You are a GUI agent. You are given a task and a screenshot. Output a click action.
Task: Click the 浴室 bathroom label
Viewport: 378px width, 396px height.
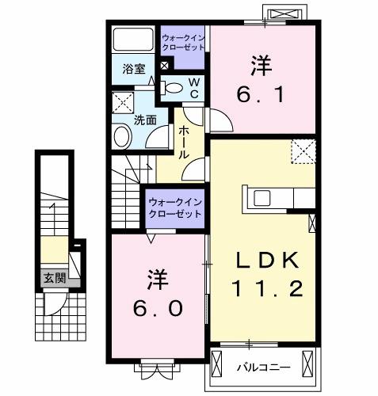pos(132,68)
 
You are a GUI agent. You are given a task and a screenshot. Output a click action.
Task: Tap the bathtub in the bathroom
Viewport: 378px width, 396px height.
pos(133,40)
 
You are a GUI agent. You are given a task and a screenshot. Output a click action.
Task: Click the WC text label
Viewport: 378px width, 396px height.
pos(193,89)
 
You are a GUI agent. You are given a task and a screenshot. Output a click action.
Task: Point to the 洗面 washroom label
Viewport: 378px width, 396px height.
pos(144,120)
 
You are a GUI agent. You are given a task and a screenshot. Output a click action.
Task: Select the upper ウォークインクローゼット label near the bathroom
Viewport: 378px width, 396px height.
pos(184,42)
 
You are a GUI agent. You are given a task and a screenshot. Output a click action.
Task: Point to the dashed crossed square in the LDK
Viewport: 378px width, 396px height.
pos(303,150)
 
